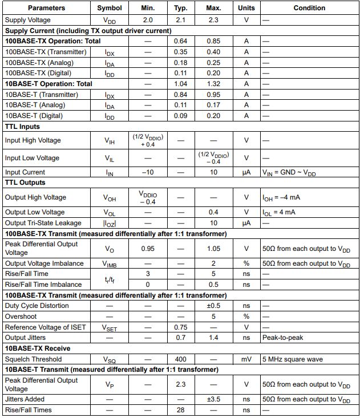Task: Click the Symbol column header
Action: tap(110, 8)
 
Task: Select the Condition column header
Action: tap(309, 8)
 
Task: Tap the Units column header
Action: tap(246, 8)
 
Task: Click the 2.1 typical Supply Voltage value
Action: tap(181, 19)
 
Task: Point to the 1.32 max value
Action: tap(213, 83)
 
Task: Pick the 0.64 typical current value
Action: tap(181, 41)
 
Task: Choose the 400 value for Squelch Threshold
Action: tap(181, 359)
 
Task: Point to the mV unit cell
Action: tap(246, 359)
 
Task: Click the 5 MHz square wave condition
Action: tap(293, 359)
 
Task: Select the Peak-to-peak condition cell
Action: tap(282, 338)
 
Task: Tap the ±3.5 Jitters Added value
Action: tap(213, 399)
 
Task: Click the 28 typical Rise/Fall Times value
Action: tap(181, 410)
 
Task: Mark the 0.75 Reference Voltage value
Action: tap(181, 327)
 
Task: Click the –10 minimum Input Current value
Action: tap(148, 172)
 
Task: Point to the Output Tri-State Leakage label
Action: tap(43, 223)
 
